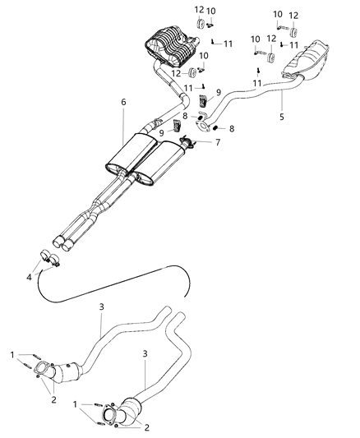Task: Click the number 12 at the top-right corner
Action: coord(294,15)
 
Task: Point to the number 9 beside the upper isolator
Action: coord(218,93)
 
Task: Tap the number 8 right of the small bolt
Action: coord(231,128)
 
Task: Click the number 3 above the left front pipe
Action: coord(101,307)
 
